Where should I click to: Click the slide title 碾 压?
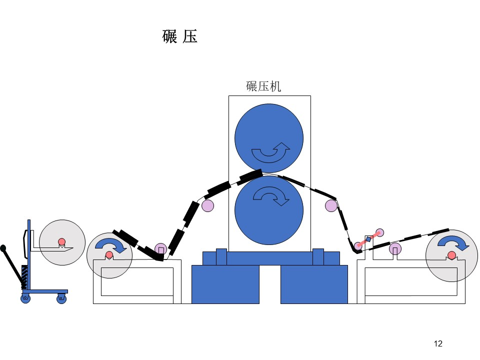[x=179, y=36]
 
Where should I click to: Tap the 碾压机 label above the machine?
[x=263, y=86]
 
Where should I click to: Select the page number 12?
[x=438, y=343]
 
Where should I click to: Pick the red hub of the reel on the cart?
[x=62, y=242]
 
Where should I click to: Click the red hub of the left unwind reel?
[x=109, y=254]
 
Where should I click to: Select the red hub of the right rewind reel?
[x=451, y=255]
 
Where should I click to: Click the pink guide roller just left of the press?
[x=208, y=205]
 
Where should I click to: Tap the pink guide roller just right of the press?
[x=331, y=205]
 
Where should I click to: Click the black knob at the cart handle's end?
[x=3, y=247]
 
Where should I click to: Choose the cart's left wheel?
[x=25, y=298]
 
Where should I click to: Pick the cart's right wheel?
[x=61, y=298]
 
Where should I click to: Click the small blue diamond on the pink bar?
[x=368, y=239]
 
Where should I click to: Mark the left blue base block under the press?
[x=225, y=284]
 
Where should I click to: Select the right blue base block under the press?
[x=314, y=284]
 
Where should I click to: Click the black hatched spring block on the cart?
[x=24, y=277]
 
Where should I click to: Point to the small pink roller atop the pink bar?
[x=379, y=232]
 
